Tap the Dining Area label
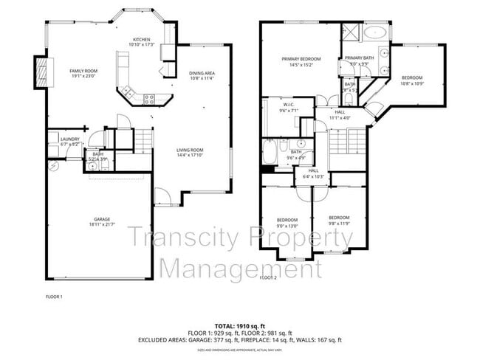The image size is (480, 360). [x=202, y=75]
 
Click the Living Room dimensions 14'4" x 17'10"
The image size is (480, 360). [x=189, y=156]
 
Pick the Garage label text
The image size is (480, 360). [x=101, y=219]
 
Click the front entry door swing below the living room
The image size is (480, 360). [x=163, y=198]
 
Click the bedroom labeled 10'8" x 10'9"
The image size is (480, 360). [x=412, y=80]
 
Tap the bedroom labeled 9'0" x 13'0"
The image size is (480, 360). [x=287, y=221]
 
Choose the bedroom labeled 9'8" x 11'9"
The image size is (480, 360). [x=338, y=220]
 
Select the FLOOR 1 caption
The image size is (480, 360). [x=54, y=296]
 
